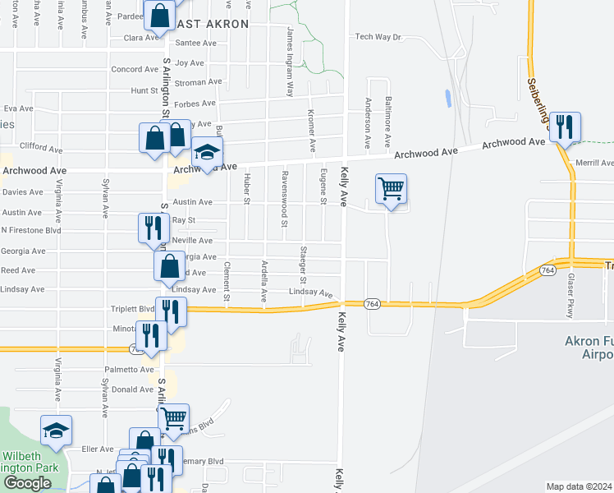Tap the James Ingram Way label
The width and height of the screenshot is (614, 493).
click(x=289, y=61)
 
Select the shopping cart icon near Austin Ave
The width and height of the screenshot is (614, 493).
click(x=392, y=190)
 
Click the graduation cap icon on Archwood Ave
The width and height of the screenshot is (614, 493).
click(x=208, y=152)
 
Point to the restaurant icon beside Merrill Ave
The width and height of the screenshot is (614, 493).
click(x=565, y=127)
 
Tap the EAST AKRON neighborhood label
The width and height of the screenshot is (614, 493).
click(x=211, y=24)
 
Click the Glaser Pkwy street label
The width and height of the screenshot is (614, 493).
click(x=570, y=297)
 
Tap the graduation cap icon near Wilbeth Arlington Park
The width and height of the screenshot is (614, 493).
click(x=56, y=431)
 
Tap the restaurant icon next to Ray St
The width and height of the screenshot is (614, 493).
click(x=152, y=228)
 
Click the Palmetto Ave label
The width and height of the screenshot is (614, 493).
click(x=123, y=370)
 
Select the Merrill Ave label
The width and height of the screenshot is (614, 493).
click(x=595, y=164)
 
